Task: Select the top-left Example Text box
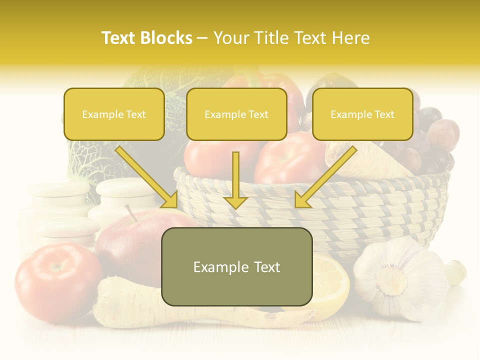tap(114, 114)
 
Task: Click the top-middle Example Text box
tap(236, 114)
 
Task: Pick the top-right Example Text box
tap(362, 114)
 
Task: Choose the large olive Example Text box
tap(237, 266)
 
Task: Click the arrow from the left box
tap(147, 177)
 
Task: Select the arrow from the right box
tap(325, 177)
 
